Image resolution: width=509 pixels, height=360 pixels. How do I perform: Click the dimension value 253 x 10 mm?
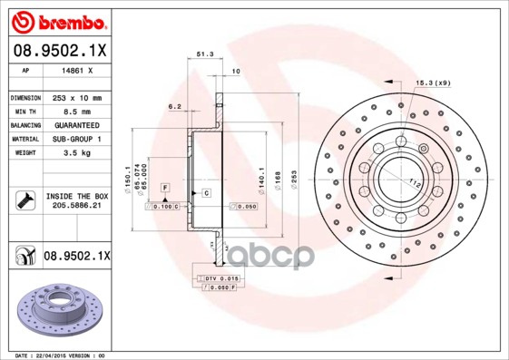tap(76, 97)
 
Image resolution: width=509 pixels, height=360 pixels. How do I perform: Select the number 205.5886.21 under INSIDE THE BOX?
tap(76, 207)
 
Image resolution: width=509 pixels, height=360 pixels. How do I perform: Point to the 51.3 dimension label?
tap(205, 55)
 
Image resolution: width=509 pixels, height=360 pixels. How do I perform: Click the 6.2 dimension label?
tap(174, 106)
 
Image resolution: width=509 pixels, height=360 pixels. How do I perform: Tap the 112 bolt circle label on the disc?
tap(418, 183)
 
